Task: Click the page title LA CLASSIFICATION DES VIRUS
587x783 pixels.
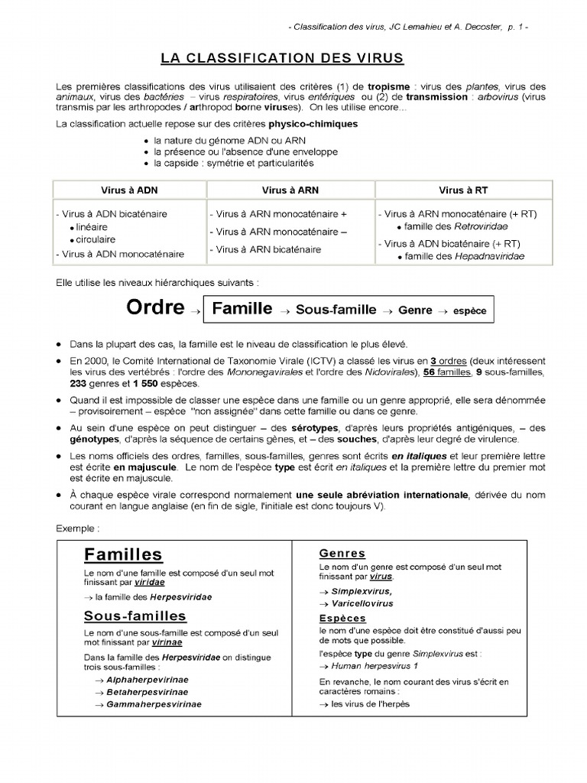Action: (x=282, y=58)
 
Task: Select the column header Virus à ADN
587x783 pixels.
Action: (x=129, y=190)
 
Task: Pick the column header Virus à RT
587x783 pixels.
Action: (x=462, y=190)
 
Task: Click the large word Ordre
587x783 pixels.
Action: (x=155, y=308)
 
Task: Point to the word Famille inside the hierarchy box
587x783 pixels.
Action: (x=242, y=309)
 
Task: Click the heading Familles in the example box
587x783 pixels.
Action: (x=123, y=554)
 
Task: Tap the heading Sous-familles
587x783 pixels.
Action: (x=135, y=616)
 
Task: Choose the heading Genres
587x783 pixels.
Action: (x=342, y=553)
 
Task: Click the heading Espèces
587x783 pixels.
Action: (x=342, y=618)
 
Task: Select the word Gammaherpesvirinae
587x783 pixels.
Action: (x=154, y=704)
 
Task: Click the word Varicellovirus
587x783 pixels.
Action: (x=362, y=603)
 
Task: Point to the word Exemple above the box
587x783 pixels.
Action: (x=77, y=528)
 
